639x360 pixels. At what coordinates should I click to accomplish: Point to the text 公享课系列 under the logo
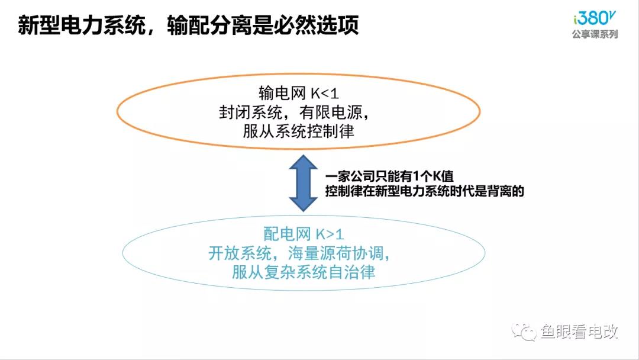tap(595, 34)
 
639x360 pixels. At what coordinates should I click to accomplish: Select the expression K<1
tap(324, 94)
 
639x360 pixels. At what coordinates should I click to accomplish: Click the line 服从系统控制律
tap(298, 131)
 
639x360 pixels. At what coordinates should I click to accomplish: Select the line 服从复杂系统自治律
tap(304, 272)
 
